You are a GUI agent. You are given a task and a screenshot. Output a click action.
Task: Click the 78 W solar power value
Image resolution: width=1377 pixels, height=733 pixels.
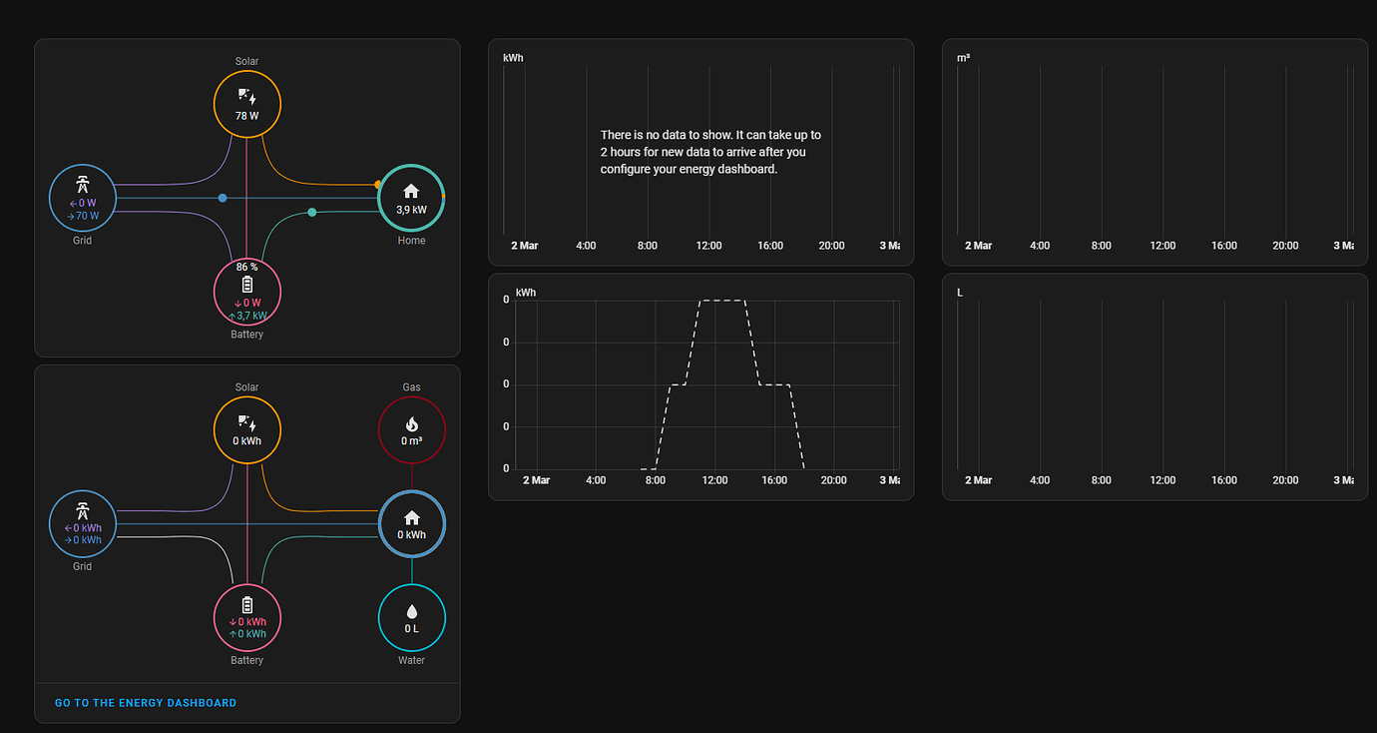pos(246,116)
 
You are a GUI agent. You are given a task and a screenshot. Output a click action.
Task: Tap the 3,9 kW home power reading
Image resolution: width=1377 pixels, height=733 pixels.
pos(411,210)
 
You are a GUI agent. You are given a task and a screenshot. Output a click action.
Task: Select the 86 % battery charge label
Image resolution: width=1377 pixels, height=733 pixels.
pos(246,268)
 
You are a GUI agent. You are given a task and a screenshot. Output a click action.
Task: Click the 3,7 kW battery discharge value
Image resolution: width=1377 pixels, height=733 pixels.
pos(250,316)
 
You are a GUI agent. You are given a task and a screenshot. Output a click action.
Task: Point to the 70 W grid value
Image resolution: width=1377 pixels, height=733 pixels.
pos(86,216)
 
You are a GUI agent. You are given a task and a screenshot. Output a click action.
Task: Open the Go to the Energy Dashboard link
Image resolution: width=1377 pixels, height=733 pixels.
pos(146,703)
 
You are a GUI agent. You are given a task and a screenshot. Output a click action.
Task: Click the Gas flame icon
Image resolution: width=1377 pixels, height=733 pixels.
pos(411,424)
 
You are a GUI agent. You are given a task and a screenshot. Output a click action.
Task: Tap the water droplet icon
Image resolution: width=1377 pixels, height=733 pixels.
pos(411,611)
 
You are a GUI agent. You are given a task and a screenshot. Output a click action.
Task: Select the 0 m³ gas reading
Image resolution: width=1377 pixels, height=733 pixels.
pos(411,441)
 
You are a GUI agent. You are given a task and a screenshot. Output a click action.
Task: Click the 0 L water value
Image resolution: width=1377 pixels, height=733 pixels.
pos(411,629)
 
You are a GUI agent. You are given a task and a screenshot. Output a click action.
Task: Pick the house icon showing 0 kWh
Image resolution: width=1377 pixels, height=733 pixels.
pos(411,517)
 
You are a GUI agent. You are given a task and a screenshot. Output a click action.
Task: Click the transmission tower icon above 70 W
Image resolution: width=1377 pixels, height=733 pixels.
pos(83,185)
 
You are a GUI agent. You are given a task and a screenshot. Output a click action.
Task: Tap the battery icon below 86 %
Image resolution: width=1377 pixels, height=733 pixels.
pos(246,285)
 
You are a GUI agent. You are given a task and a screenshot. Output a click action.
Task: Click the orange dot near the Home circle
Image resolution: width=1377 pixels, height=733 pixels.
pos(377,185)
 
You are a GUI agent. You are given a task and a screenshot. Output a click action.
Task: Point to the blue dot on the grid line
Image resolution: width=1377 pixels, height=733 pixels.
pos(223,198)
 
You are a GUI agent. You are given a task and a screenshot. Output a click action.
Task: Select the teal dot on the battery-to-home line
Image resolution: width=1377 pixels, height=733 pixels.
pos(312,212)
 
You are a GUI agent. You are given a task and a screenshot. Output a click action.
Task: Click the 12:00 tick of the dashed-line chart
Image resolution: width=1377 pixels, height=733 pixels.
pos(714,480)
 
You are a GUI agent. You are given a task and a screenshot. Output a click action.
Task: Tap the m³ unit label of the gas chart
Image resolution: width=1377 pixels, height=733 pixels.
pos(963,58)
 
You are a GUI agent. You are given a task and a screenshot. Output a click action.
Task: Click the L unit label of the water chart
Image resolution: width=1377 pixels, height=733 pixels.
pos(960,293)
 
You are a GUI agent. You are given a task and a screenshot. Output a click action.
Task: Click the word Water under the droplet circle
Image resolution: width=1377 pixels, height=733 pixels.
pos(411,660)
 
